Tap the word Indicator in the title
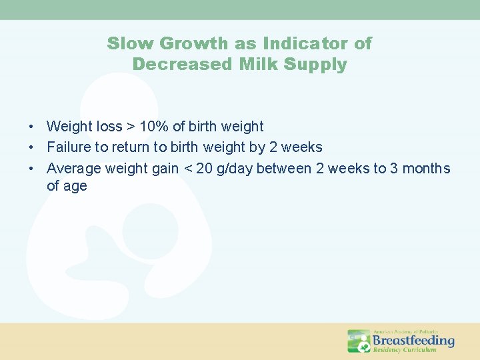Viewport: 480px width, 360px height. pos(307,44)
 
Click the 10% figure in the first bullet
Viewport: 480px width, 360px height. pos(154,127)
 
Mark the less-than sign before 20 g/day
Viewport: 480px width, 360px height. pos(187,169)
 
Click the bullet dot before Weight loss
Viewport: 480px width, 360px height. pos(32,127)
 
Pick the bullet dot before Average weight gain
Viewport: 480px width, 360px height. pos(32,169)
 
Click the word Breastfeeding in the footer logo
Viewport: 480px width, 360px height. pos(413,340)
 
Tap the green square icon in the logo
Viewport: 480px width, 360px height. pos(359,341)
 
